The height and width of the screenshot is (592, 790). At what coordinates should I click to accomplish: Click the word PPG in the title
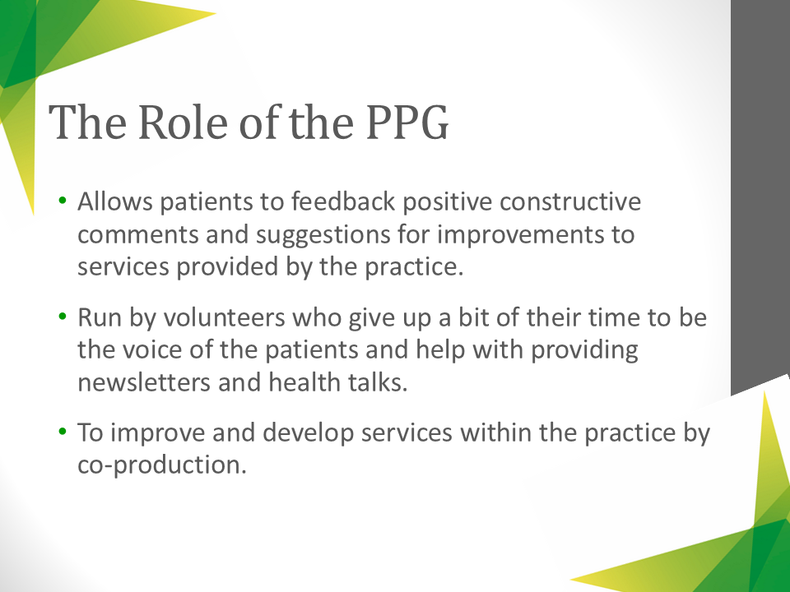click(x=407, y=122)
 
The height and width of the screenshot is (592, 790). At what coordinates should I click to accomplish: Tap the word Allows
click(x=115, y=201)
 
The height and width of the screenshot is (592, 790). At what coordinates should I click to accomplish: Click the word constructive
click(x=570, y=201)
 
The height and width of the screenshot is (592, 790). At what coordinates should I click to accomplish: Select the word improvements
click(x=521, y=234)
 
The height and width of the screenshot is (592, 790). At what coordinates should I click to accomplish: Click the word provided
click(x=227, y=266)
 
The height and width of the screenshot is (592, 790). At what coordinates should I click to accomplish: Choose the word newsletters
click(x=144, y=382)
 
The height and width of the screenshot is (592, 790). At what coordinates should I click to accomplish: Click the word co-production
click(x=162, y=465)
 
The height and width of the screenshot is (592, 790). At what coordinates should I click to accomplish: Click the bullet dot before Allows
click(x=63, y=201)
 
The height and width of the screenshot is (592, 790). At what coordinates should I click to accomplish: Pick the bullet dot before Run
click(x=63, y=317)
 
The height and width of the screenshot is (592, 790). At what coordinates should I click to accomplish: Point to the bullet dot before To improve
click(x=63, y=432)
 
